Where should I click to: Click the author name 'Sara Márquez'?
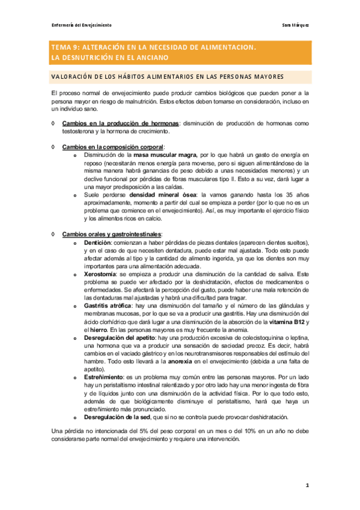pyautogui.click(x=296, y=25)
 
